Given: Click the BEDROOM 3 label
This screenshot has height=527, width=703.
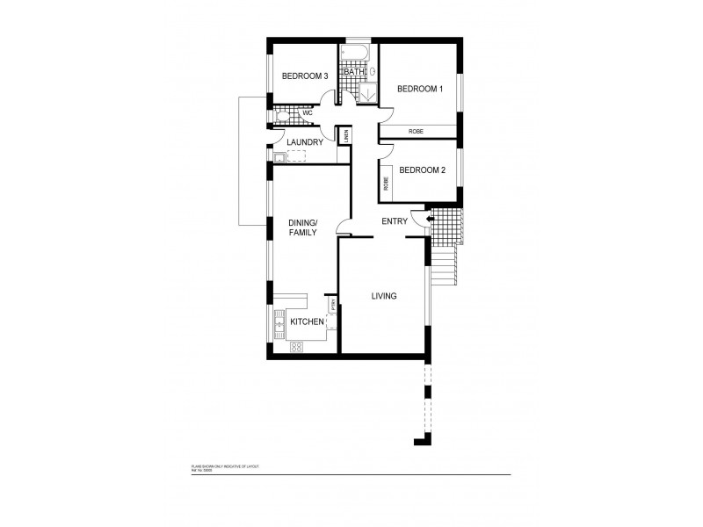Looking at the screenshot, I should coord(304,77).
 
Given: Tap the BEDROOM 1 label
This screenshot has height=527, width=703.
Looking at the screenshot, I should coord(419,89).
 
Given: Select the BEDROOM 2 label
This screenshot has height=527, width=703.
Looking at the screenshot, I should coord(422,170).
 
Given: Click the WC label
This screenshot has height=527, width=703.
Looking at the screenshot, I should coord(308,113).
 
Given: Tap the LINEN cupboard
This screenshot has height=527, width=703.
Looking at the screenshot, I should coord(347,135).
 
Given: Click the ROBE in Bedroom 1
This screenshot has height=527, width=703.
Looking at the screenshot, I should coord(417,131).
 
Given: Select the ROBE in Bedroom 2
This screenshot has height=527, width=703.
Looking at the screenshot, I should coord(386,183).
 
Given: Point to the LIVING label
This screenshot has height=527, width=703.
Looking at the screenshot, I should coord(383,296).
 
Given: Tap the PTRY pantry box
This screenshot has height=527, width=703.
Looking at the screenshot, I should coord(333,304).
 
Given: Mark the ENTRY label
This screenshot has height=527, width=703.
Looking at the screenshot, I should coord(394,221).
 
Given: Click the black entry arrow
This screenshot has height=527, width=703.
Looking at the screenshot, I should coord(429,218).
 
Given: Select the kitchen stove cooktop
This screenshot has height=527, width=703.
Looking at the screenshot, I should coord(296,346).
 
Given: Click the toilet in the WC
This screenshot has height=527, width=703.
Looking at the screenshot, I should coord(281,113).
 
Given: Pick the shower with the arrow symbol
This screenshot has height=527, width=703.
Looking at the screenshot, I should coord(368,89).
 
